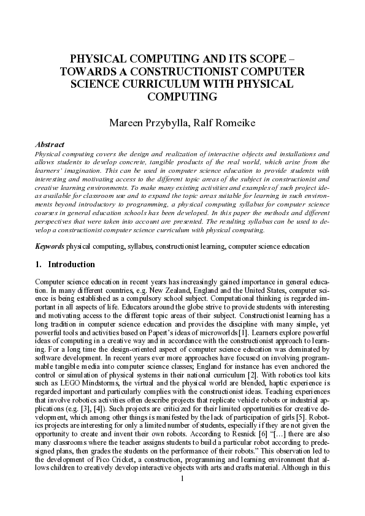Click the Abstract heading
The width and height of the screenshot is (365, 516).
50,145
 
